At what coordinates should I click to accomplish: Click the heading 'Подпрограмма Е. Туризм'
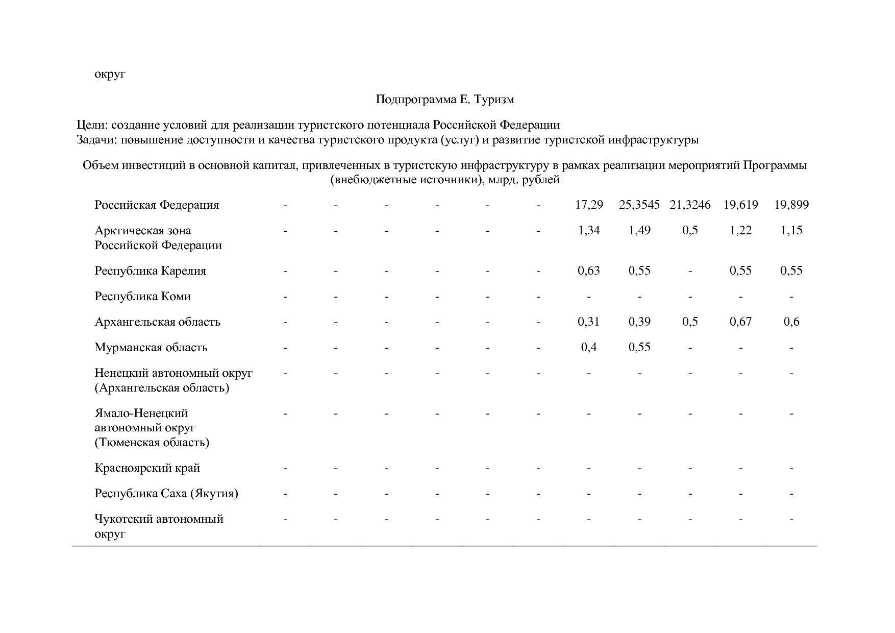point(444,100)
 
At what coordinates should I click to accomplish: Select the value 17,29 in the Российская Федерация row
point(589,205)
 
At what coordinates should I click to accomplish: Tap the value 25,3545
point(639,205)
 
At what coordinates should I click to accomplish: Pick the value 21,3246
point(690,205)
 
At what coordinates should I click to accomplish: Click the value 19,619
point(740,205)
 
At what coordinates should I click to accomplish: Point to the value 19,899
point(791,205)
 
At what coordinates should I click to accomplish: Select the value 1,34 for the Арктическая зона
point(589,231)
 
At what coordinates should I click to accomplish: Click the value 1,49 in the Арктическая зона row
point(639,231)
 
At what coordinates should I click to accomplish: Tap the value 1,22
point(740,231)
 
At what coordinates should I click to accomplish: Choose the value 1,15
point(791,231)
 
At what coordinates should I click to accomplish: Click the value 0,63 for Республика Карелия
point(589,271)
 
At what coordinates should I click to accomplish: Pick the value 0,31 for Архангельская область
point(589,322)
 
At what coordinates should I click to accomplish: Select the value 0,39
point(639,322)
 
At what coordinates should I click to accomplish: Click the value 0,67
point(740,322)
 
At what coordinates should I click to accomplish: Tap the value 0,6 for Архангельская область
point(791,322)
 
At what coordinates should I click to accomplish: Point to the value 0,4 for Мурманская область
point(589,348)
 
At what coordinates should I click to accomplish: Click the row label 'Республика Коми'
point(142,297)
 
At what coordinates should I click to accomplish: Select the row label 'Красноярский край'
point(147,468)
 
